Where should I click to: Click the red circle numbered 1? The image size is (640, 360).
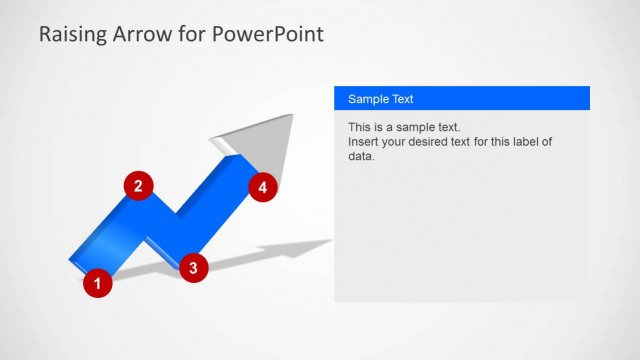click(97, 283)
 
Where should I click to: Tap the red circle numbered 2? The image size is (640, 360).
click(138, 185)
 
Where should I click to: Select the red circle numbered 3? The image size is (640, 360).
click(193, 266)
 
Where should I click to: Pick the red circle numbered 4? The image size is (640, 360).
click(263, 187)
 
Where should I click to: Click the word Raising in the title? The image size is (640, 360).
click(73, 35)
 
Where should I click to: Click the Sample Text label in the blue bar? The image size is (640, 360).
click(380, 99)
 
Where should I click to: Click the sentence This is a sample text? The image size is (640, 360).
click(404, 128)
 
